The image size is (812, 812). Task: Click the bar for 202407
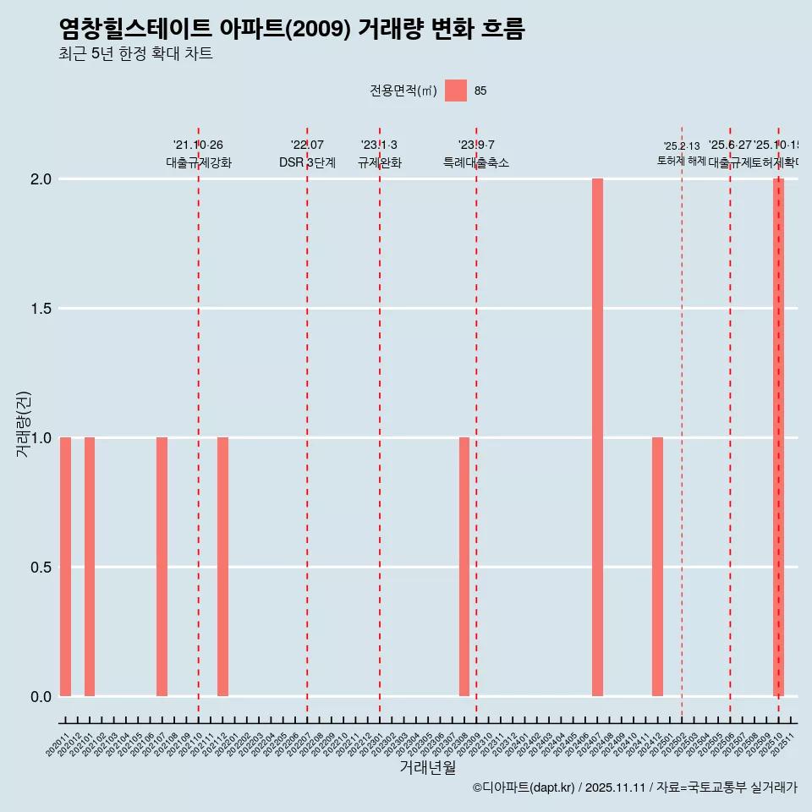597,437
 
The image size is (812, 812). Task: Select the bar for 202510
778,437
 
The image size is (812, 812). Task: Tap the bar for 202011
65,567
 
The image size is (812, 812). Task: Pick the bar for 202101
90,567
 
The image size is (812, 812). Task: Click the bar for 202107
162,567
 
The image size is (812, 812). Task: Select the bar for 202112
222,567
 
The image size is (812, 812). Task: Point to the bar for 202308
464,567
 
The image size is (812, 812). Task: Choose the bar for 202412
657,567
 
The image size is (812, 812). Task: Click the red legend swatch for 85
456,91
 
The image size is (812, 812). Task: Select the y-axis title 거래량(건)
23,423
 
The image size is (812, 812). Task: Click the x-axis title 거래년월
427,768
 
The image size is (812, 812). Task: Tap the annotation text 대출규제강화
198,162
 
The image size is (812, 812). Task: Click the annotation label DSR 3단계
307,162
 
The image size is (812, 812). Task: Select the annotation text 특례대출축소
476,162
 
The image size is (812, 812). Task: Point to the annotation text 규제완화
379,162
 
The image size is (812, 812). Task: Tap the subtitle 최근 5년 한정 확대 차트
135,54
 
